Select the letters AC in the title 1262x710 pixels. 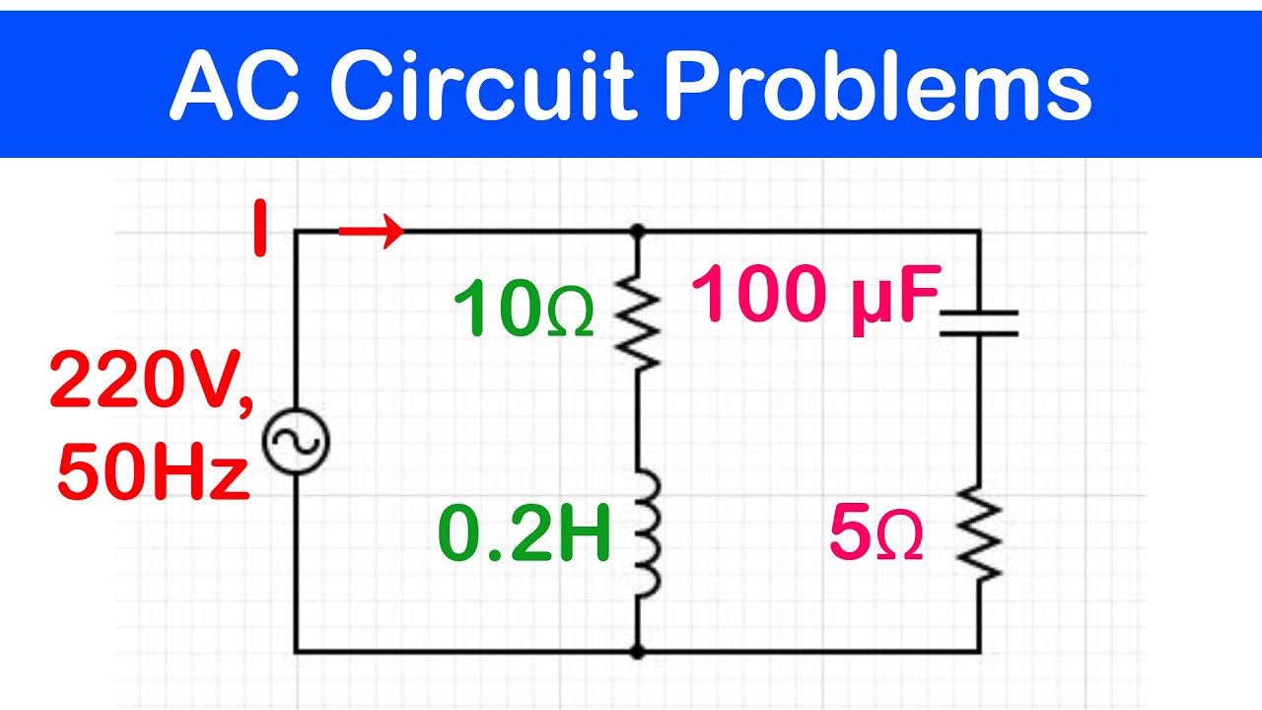[x=236, y=86]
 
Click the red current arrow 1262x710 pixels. [x=372, y=231]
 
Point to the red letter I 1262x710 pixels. [x=259, y=228]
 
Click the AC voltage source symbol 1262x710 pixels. [x=296, y=441]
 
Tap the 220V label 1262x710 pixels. [x=152, y=381]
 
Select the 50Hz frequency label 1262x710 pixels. [x=153, y=471]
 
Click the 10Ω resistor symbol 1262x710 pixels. [x=637, y=322]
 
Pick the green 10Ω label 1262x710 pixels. [x=524, y=308]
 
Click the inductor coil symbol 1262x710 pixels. [x=646, y=533]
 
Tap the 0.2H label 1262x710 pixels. [x=524, y=532]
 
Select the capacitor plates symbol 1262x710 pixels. [x=979, y=322]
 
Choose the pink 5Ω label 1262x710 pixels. [x=876, y=532]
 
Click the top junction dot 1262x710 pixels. [x=637, y=231]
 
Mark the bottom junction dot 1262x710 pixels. [x=637, y=652]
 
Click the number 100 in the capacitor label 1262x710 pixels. [x=762, y=294]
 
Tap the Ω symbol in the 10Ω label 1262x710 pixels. [x=571, y=314]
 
